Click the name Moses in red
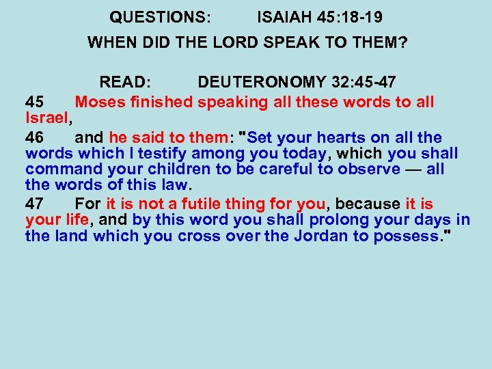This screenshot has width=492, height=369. point(100,102)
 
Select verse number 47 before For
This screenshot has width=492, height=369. point(35,204)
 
